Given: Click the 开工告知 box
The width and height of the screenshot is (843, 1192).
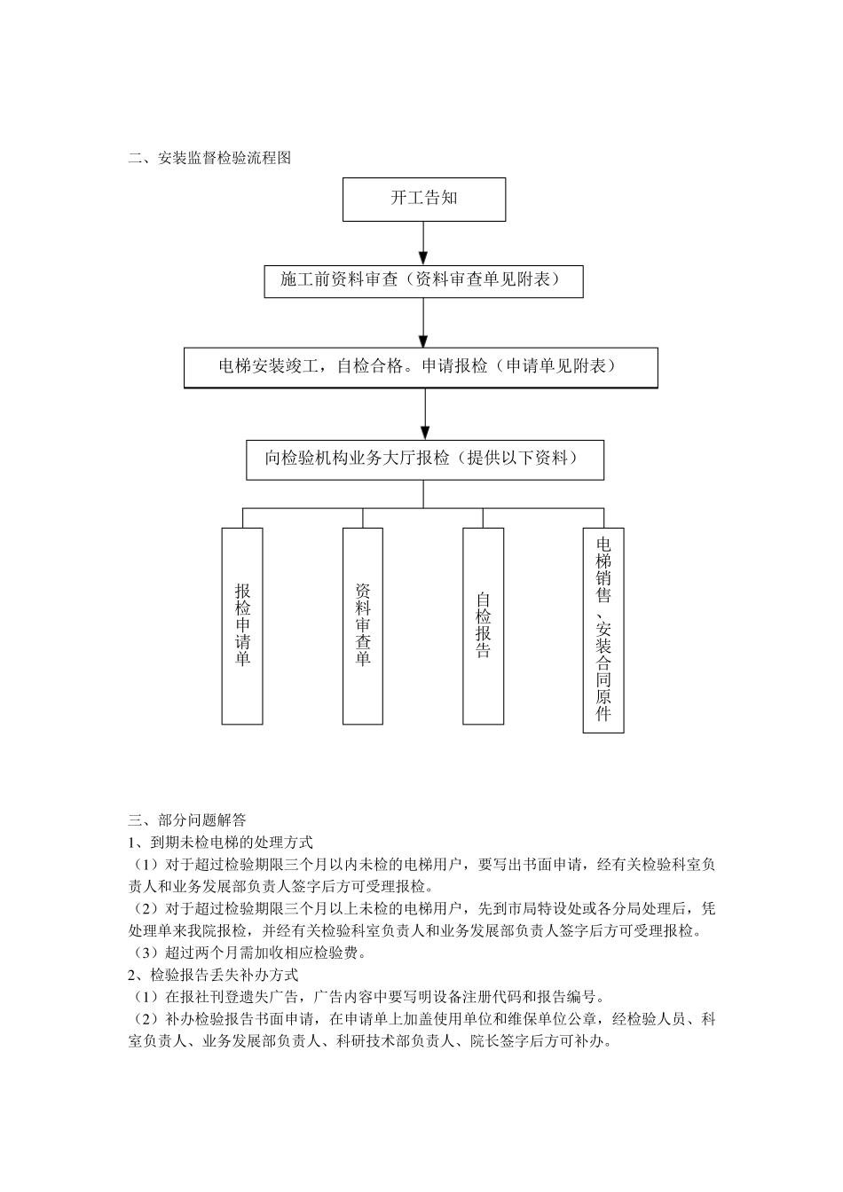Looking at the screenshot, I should pyautogui.click(x=424, y=199).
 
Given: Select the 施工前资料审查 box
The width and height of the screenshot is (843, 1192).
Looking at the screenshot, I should pyautogui.click(x=424, y=280).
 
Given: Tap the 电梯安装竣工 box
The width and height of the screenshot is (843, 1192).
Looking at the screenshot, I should pyautogui.click(x=421, y=367).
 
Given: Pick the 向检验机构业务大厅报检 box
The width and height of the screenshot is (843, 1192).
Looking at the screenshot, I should pyautogui.click(x=425, y=459).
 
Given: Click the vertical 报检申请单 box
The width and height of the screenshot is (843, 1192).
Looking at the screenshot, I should pyautogui.click(x=242, y=625).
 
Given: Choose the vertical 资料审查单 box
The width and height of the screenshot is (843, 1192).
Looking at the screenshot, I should pyautogui.click(x=363, y=625).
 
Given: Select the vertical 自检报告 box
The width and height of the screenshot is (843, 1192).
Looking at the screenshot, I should pyautogui.click(x=484, y=625).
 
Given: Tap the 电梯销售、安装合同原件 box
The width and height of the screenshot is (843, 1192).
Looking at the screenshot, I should pyautogui.click(x=603, y=630).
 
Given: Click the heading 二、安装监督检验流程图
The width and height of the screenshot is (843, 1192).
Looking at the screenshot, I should pyautogui.click(x=209, y=159).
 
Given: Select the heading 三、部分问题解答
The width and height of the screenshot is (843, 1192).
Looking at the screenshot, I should pyautogui.click(x=187, y=820).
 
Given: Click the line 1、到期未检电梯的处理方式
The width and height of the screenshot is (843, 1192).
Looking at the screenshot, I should pyautogui.click(x=221, y=843).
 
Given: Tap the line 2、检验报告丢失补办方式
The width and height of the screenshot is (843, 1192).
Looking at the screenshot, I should pyautogui.click(x=213, y=976).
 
